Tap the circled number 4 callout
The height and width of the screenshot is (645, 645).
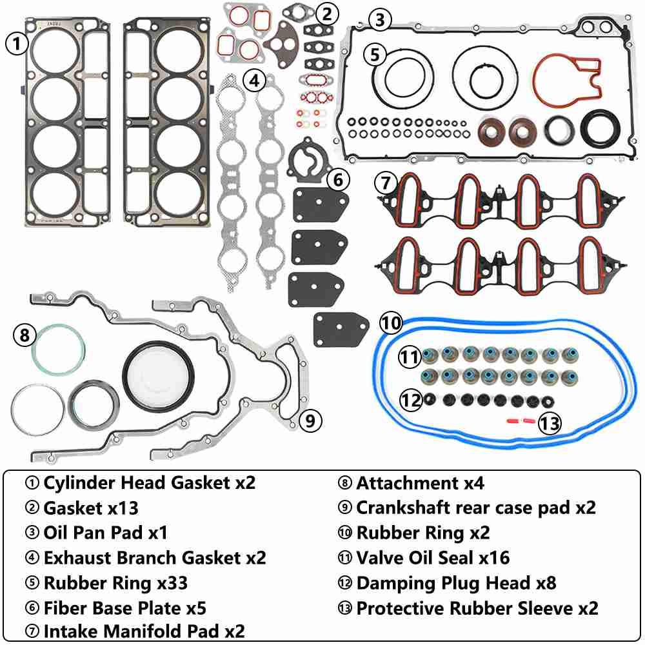[255, 81]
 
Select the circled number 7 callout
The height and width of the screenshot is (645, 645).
[386, 183]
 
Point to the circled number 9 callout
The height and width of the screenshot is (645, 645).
[310, 421]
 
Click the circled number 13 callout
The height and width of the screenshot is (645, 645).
[550, 423]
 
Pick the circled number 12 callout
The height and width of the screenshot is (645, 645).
[410, 400]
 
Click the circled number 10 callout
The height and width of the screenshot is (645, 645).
[391, 322]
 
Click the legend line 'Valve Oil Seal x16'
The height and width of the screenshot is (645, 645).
[433, 557]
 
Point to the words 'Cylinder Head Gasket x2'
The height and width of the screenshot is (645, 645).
[149, 482]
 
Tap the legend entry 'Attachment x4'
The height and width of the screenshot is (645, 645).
[420, 482]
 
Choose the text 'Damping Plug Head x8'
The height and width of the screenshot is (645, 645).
[456, 583]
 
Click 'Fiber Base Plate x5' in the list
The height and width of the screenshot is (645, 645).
[125, 608]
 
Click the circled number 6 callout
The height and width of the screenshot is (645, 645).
[339, 180]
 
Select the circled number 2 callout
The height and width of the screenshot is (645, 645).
[328, 13]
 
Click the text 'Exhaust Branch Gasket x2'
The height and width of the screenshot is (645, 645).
[155, 557]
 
